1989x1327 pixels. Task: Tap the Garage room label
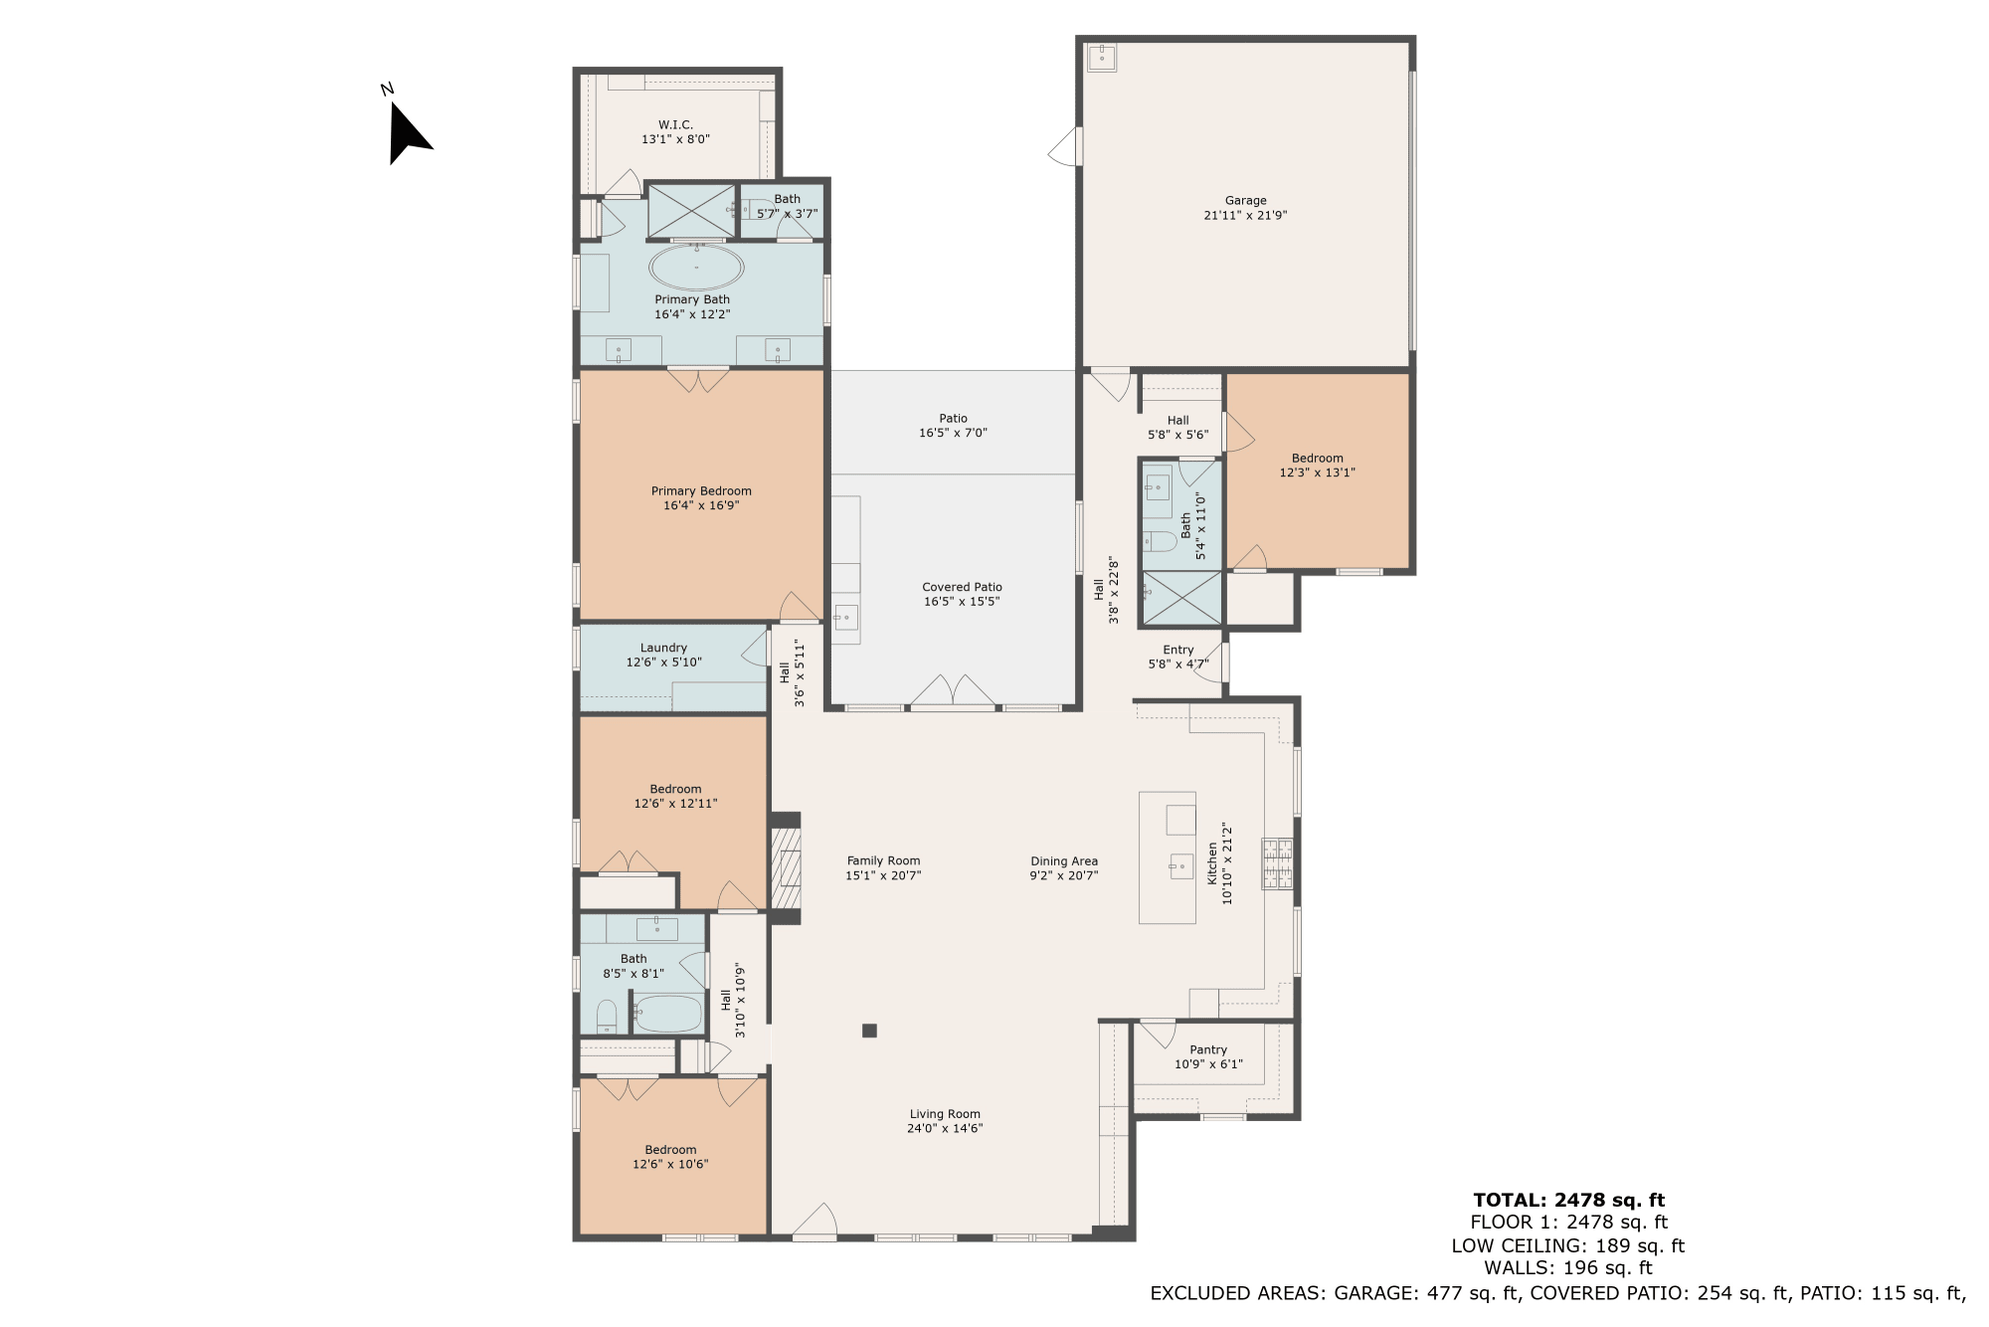pyautogui.click(x=1245, y=200)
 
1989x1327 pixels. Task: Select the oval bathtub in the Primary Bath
pyautogui.click(x=696, y=268)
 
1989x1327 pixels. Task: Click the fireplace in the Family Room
pyautogui.click(x=786, y=868)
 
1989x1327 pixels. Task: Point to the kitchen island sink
pyautogui.click(x=1180, y=866)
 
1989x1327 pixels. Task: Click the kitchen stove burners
pyautogui.click(x=1278, y=863)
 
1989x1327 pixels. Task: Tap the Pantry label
pyautogui.click(x=1208, y=1049)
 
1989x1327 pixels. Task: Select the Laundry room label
pyautogui.click(x=663, y=648)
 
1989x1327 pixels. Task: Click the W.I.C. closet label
pyautogui.click(x=675, y=124)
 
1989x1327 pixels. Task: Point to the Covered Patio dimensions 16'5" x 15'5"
pyautogui.click(x=962, y=601)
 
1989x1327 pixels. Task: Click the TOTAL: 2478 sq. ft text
pyautogui.click(x=1568, y=1200)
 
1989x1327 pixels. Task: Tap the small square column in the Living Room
pyautogui.click(x=869, y=1031)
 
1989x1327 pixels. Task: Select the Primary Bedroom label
pyautogui.click(x=701, y=490)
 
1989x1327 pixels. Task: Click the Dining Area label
pyautogui.click(x=1064, y=861)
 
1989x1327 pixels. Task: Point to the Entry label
pyautogui.click(x=1178, y=650)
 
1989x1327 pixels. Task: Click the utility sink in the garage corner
pyautogui.click(x=1102, y=58)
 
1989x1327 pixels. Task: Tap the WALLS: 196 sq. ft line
pyautogui.click(x=1568, y=1268)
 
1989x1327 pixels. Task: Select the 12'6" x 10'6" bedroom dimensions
pyautogui.click(x=670, y=1164)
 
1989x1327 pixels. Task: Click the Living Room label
pyautogui.click(x=945, y=1114)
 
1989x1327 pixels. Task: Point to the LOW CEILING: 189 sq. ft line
pyautogui.click(x=1568, y=1245)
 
